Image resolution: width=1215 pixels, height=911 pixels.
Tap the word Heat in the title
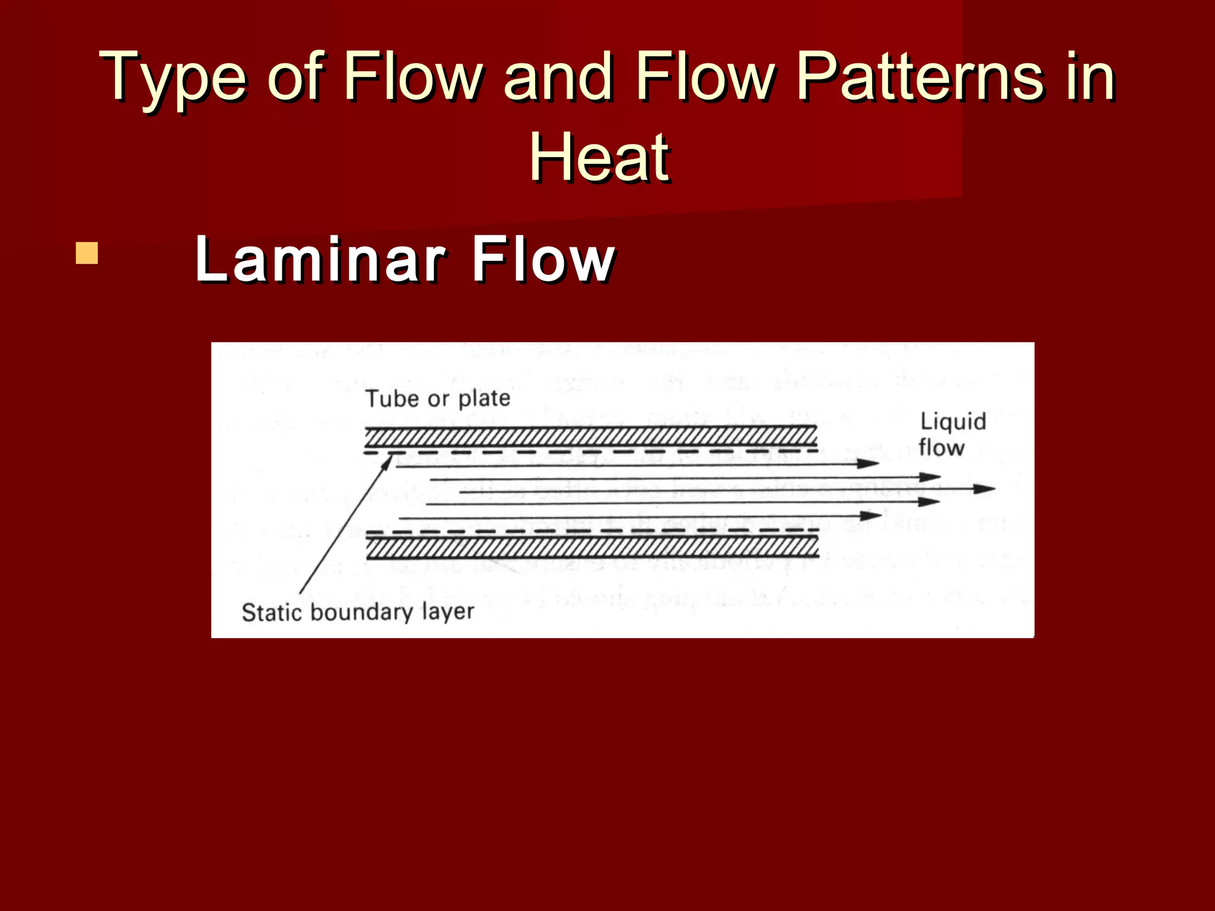tap(600, 157)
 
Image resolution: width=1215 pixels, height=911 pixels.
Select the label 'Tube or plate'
tap(437, 399)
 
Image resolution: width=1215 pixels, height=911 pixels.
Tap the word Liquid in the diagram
tap(953, 422)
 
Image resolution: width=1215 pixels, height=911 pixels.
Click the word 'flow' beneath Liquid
tap(941, 447)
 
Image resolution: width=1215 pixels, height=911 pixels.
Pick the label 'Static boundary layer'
tap(358, 612)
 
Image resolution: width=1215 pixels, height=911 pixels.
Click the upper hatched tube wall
tap(590, 438)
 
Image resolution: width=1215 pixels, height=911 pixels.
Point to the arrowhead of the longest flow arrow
tap(985, 489)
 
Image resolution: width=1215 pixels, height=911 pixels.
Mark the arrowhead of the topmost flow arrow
tap(869, 463)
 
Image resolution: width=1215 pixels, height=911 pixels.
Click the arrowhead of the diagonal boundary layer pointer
tap(388, 461)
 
